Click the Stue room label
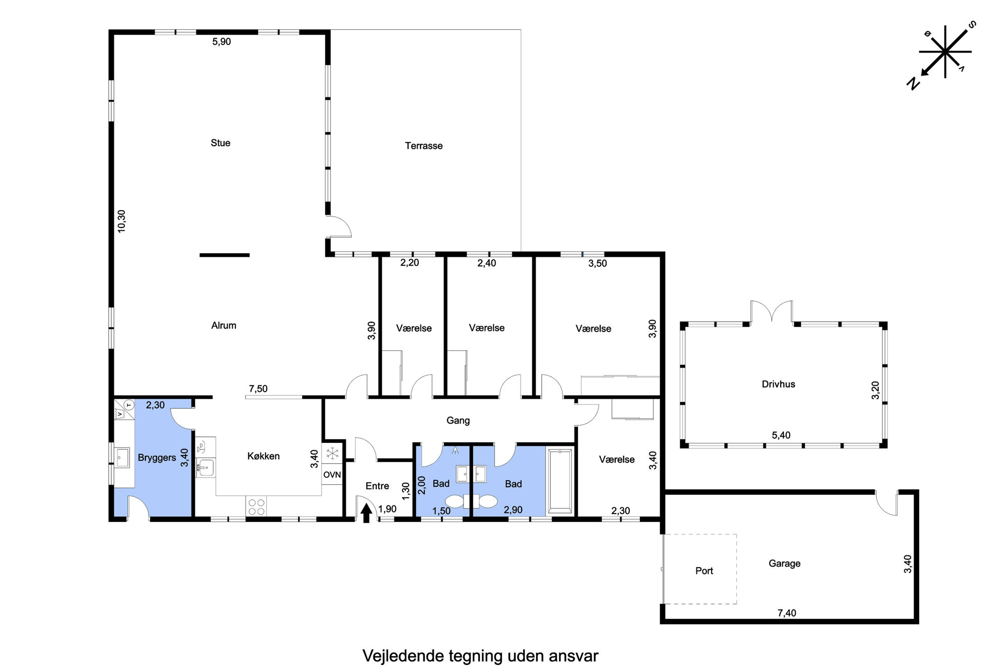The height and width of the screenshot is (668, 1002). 220,143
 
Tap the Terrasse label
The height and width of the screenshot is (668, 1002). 424,146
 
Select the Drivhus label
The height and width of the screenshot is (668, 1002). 778,384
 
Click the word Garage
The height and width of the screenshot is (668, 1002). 784,563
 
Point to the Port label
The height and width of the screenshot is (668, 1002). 704,571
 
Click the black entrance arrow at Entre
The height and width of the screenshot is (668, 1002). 367,514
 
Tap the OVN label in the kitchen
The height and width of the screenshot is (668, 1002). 332,475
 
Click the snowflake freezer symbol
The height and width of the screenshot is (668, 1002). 332,453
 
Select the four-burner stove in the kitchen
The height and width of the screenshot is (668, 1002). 257,506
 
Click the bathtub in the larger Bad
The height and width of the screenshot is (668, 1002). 560,481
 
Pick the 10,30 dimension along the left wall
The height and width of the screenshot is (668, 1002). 121,221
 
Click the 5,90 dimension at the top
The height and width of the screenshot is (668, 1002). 221,42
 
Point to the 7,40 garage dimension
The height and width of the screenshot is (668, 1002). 786,613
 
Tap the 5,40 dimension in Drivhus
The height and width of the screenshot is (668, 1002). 781,435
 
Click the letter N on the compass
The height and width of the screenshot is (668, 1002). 914,84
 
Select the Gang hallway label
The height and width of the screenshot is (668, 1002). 458,421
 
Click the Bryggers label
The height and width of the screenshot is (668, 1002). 157,458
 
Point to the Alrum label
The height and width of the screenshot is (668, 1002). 223,326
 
